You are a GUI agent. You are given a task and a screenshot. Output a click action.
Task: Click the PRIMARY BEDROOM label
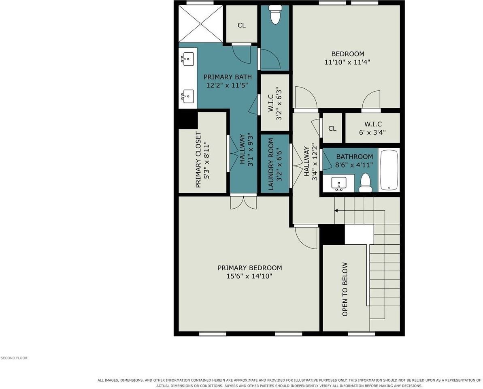point(249,268)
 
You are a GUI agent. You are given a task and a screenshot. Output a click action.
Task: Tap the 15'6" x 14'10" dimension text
point(249,276)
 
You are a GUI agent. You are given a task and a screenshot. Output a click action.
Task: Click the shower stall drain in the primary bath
point(200,24)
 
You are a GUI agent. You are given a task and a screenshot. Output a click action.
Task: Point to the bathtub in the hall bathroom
point(389,170)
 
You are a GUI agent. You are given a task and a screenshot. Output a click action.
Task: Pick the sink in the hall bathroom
point(339,184)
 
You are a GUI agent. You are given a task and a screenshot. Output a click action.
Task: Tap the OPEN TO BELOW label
point(345,289)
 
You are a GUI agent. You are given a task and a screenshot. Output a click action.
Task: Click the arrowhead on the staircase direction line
point(336,211)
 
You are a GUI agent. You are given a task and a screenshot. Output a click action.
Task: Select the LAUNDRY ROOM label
point(271,164)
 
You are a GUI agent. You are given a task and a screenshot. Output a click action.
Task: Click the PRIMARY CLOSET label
point(198,160)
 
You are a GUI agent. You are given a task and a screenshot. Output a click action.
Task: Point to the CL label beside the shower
point(242,25)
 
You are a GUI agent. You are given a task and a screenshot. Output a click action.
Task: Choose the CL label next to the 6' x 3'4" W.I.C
point(332,128)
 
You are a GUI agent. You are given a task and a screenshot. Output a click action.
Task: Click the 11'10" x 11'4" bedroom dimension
point(347,62)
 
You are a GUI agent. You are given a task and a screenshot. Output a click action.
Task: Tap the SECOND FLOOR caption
point(14,358)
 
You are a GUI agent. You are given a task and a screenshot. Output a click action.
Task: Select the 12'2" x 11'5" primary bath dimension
point(228,85)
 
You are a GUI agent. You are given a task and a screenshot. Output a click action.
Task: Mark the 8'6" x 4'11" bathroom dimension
point(354,165)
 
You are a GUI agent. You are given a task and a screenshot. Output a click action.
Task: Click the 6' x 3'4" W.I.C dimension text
point(372,132)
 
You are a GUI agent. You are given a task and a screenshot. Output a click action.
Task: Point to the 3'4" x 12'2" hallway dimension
point(315,162)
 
